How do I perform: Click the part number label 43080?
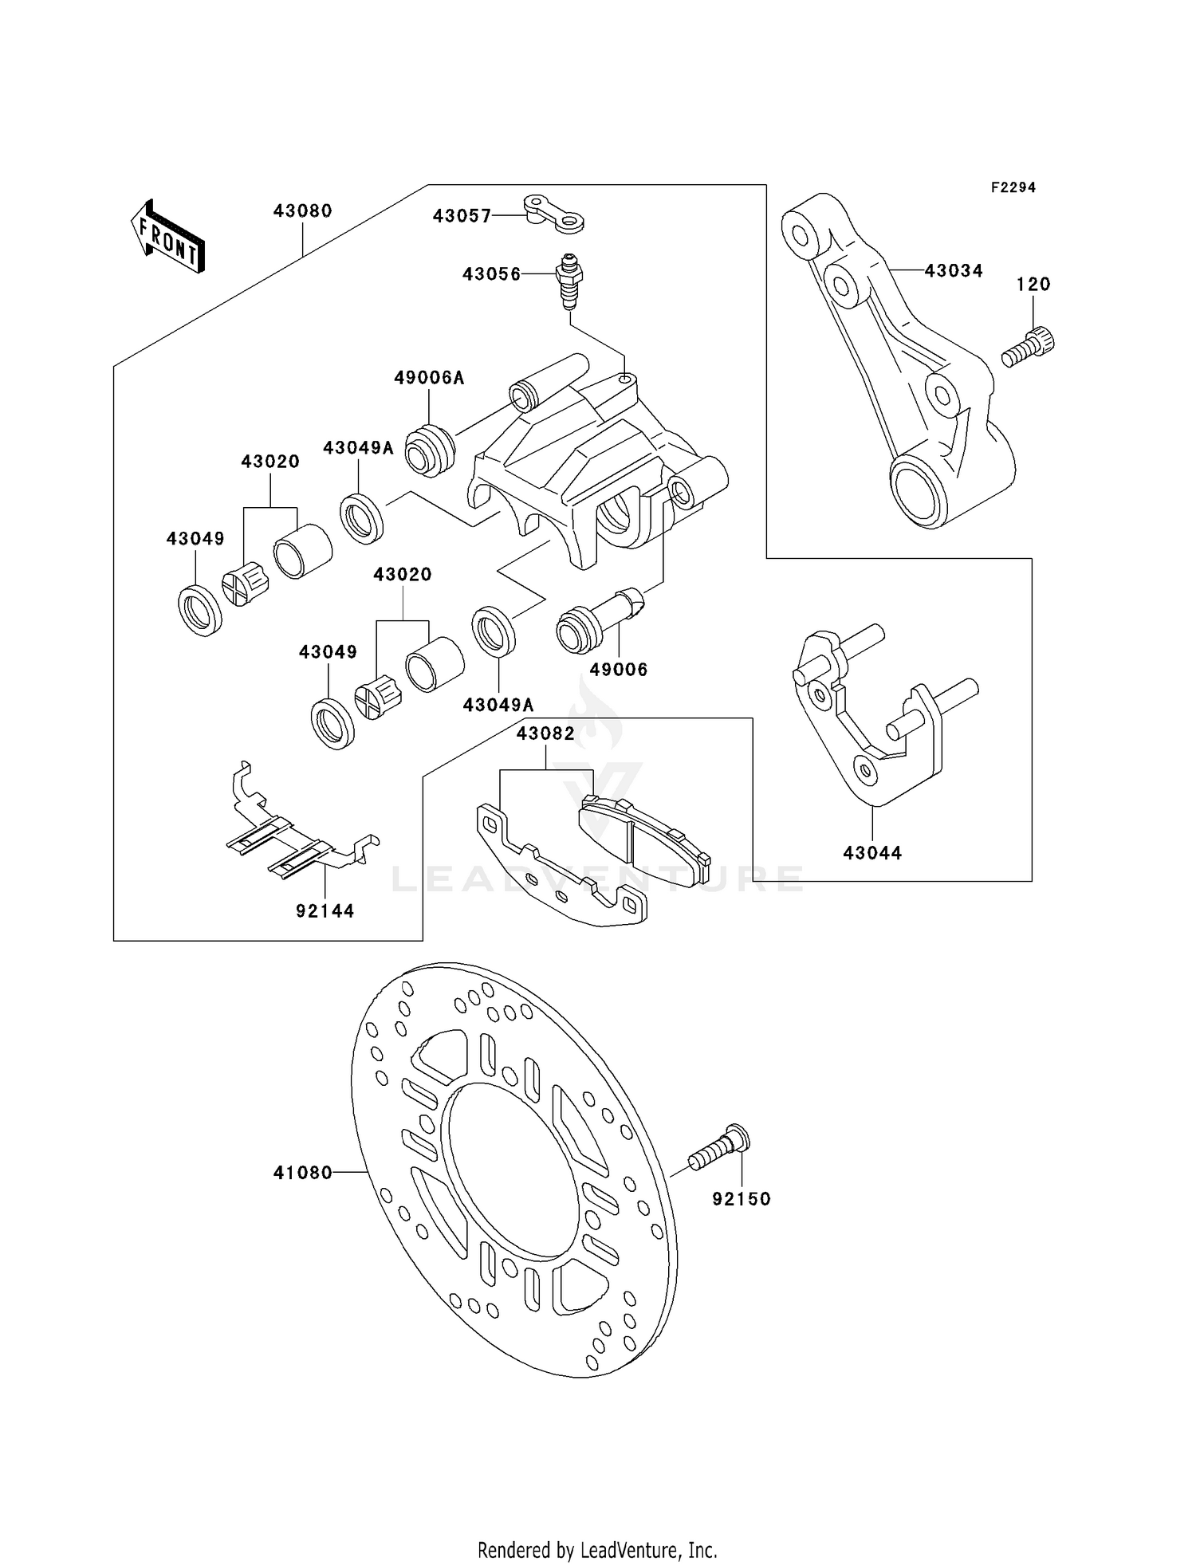click(302, 211)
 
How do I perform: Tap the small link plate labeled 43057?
click(554, 214)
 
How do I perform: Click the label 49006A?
click(429, 379)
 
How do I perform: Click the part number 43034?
click(954, 271)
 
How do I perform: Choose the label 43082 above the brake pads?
click(545, 734)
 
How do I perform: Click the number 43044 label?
click(872, 853)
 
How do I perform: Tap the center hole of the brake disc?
click(514, 1172)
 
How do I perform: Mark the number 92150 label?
click(742, 1199)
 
